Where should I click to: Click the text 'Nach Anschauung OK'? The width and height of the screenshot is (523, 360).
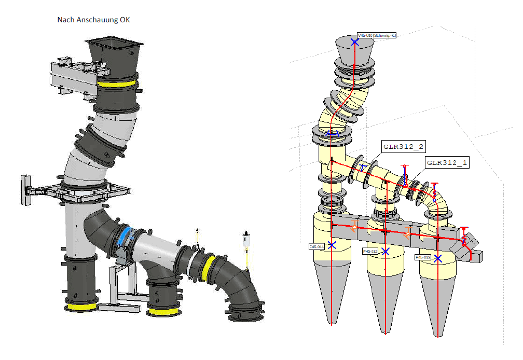click(93, 20)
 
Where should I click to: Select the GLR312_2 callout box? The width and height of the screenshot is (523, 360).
click(402, 146)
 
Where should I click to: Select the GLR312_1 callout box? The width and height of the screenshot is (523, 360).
click(447, 162)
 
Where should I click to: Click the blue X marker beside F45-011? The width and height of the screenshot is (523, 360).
click(332, 245)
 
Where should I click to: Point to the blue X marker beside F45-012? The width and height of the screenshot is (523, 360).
click(385, 251)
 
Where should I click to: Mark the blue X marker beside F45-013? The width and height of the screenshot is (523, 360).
click(438, 258)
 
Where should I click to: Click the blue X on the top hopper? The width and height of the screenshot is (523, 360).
click(355, 41)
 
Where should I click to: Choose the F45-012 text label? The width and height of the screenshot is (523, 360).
click(370, 251)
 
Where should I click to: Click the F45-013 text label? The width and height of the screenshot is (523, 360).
click(422, 257)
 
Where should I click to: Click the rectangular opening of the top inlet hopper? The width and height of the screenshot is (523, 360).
click(114, 43)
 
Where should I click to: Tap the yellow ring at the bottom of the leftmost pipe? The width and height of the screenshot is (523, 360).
click(80, 307)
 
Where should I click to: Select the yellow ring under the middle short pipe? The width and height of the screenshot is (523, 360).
click(164, 312)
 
